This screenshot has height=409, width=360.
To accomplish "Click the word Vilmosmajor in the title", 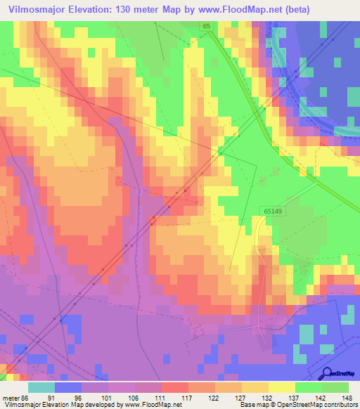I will [34, 9].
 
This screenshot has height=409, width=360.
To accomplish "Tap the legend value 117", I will [187, 398].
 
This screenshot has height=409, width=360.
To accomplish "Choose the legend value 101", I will [107, 398].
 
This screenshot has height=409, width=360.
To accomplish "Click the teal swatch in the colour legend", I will [41, 387].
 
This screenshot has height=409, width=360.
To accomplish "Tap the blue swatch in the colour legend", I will [68, 387].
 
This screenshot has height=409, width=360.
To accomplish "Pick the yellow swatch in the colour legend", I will [282, 387].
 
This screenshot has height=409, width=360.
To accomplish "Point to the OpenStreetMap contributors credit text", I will [323, 405].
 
